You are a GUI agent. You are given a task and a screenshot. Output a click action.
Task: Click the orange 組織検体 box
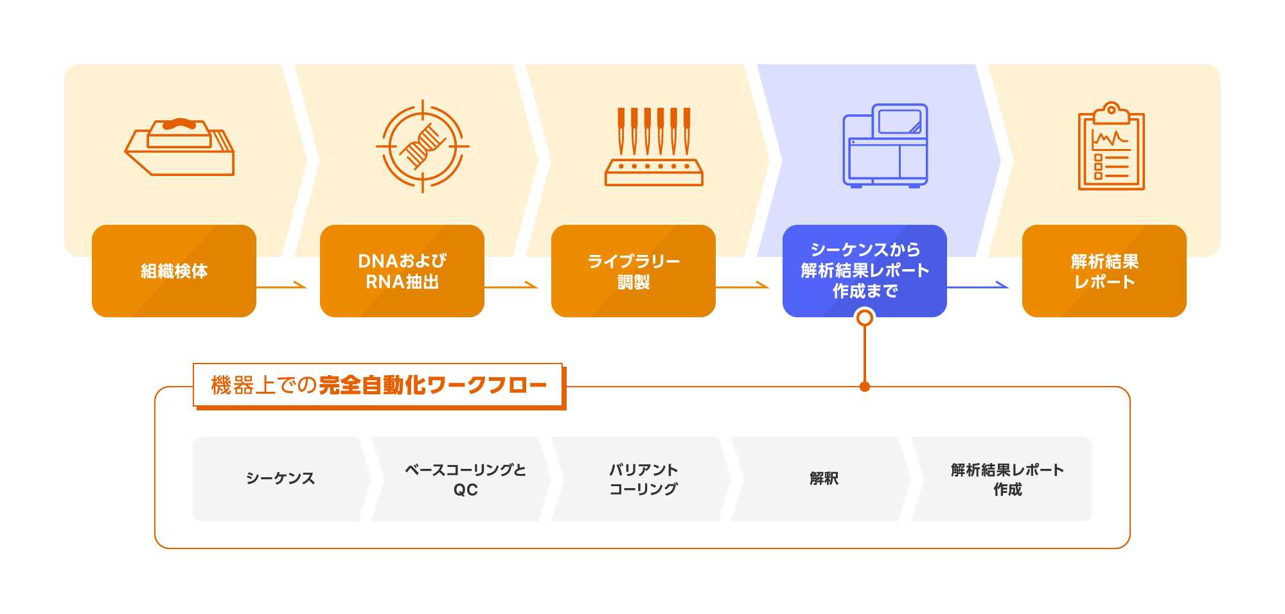[173, 271]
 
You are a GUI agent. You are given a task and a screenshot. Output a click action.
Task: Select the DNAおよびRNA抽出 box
[402, 271]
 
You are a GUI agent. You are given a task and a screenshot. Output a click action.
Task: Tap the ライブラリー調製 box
[633, 271]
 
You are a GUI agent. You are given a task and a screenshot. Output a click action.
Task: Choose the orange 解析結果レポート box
[1104, 271]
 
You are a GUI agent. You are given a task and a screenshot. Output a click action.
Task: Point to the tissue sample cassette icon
[180, 146]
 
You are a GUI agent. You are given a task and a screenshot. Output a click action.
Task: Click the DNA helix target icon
[422, 146]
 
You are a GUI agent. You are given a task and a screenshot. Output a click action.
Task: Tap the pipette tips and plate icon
[653, 146]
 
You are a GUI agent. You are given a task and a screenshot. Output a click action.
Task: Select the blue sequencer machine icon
[885, 146]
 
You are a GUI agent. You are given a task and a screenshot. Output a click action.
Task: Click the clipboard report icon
[1111, 146]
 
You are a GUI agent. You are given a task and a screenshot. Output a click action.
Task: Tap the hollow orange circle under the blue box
[865, 317]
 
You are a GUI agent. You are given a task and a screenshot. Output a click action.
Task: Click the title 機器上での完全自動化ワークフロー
[378, 385]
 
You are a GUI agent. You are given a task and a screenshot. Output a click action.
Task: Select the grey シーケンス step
[281, 478]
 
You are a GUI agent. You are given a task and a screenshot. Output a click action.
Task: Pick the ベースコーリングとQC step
[465, 479]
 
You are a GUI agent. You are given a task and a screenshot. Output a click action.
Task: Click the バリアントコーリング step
[643, 479]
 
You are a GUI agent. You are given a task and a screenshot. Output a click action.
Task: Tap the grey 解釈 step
[824, 478]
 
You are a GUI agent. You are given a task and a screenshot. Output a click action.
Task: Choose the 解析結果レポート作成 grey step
[1007, 479]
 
